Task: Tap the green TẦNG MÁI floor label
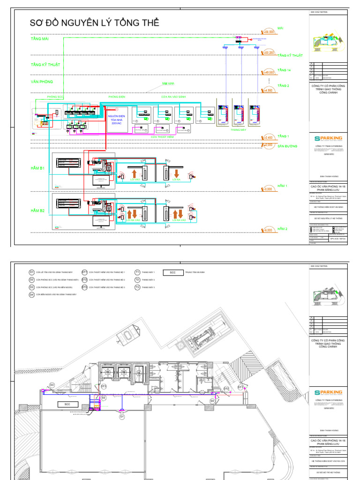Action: [39, 39]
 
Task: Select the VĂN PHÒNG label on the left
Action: [42, 82]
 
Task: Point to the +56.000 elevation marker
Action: [269, 32]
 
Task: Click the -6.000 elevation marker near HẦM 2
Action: [268, 230]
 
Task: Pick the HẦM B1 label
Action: [37, 168]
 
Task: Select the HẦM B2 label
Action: [37, 211]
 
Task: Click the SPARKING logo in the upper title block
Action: [328, 139]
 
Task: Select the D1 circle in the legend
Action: [32, 272]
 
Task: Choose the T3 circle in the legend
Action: [137, 287]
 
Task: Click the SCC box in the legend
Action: [172, 272]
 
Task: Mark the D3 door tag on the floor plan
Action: [52, 385]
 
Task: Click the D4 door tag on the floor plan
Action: [212, 401]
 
